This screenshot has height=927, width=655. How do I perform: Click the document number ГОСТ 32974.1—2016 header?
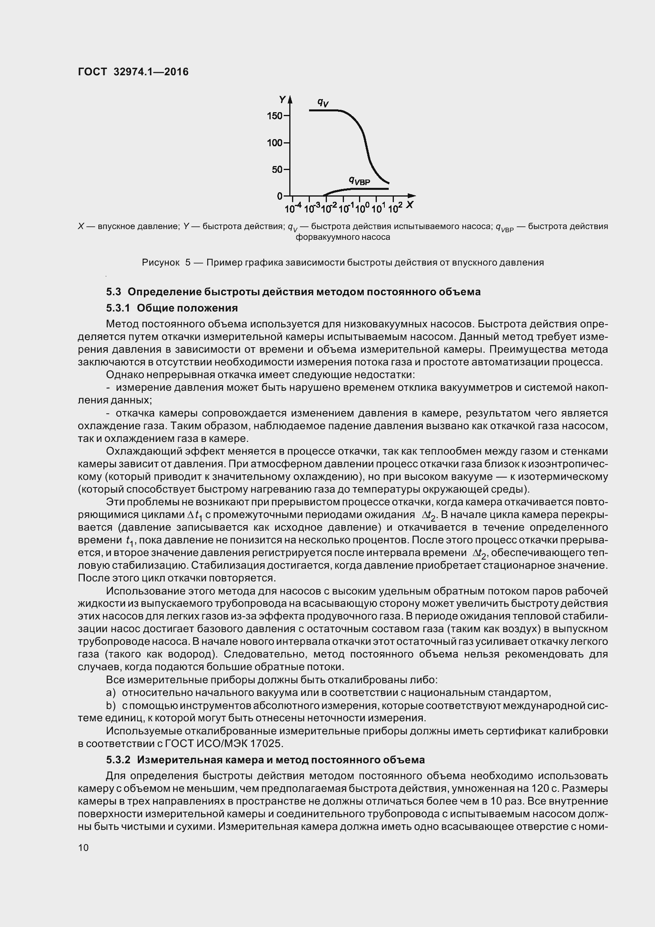coord(133,72)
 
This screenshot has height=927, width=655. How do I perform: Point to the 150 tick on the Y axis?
coord(275,116)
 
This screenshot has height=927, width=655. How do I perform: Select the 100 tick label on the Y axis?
coord(275,143)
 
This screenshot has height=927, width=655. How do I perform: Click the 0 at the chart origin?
coord(279,196)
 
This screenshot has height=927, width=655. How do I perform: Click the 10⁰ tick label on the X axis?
coord(362,208)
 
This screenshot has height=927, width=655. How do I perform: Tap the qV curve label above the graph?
coord(323,103)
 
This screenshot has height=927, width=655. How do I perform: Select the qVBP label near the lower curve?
coord(359,180)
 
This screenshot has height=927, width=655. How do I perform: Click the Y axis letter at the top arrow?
coord(282,99)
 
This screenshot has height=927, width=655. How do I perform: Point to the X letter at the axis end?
coord(410,205)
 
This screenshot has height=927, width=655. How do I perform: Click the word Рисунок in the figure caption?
coord(160,263)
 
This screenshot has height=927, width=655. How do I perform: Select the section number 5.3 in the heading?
coord(113,292)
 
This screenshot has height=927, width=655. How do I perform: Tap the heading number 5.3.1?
coord(118,308)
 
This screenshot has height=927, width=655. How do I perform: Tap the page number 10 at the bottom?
coord(83,847)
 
